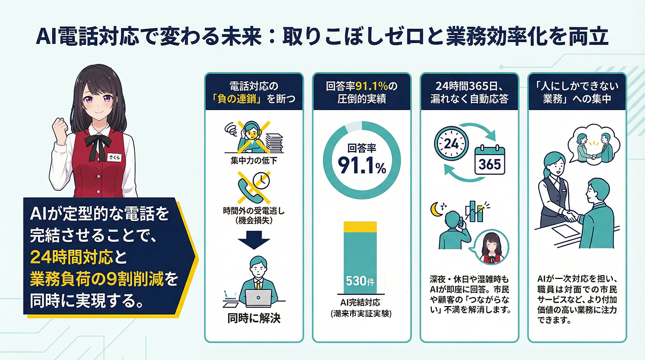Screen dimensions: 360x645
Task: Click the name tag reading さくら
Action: [114, 157]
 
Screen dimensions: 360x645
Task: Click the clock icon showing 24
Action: [451, 143]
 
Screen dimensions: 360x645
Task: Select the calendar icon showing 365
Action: [490, 160]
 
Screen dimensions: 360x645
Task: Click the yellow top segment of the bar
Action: [360, 226]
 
